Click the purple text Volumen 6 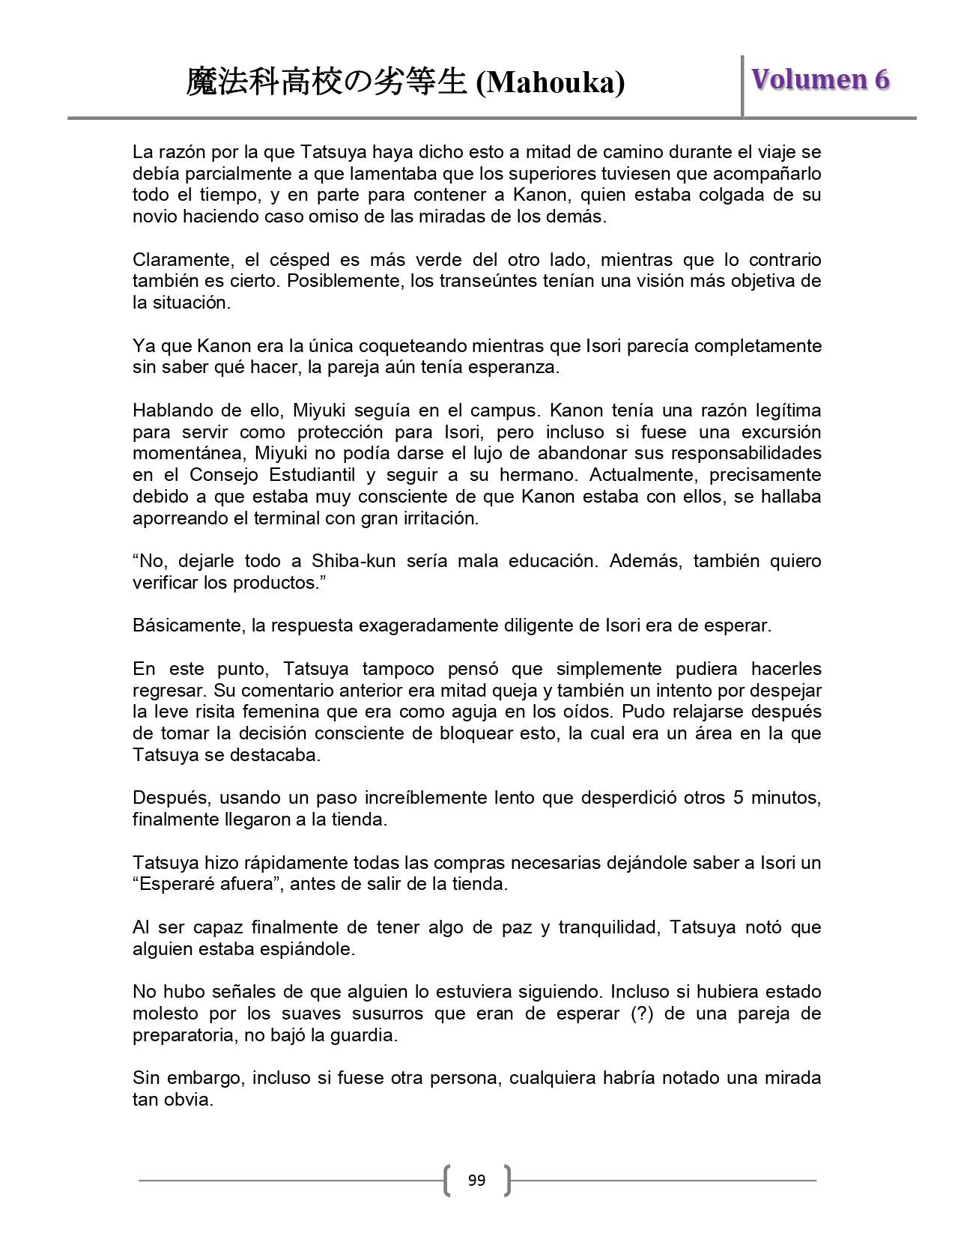click(820, 79)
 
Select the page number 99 click(476, 1181)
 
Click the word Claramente click(177, 260)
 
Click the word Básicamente click(186, 625)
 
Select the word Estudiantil click(327, 475)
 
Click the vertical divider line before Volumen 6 click(742, 85)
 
